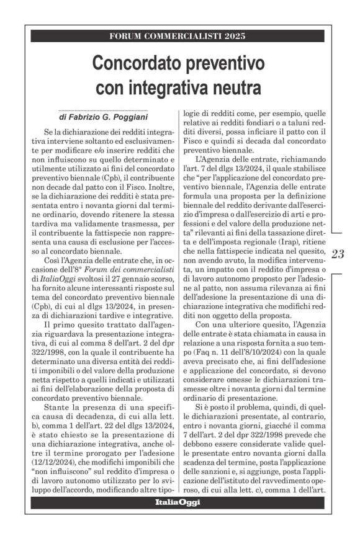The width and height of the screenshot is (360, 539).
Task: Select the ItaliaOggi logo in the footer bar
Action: (x=178, y=502)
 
